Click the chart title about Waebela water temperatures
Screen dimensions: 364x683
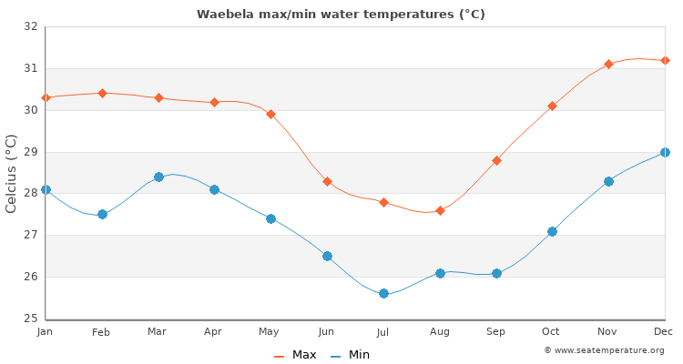341,15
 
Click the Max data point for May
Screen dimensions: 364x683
270,115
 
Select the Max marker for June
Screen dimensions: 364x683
327,182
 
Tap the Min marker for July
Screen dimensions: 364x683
383,293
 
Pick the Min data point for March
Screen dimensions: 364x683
158,177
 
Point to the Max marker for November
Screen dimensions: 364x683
608,65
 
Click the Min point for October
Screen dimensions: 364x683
552,231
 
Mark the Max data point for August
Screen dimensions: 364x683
440,210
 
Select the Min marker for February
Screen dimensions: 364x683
102,214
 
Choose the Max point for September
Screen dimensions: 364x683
496,160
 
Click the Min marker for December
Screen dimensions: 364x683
665,152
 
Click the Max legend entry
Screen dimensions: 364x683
296,355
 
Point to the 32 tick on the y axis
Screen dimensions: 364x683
31,26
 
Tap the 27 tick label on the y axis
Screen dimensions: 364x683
31,235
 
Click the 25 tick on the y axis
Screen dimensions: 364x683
31,318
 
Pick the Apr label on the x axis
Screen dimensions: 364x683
214,332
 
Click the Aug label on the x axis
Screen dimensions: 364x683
440,332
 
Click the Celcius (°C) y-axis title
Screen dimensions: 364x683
12,173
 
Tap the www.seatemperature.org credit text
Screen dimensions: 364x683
604,350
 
